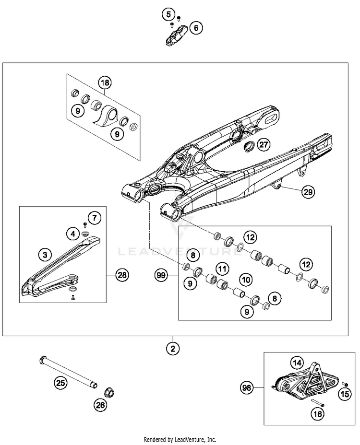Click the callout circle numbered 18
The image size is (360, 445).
tap(105, 83)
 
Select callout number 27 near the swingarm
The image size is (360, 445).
tap(263, 144)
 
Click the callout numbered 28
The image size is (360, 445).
tap(122, 275)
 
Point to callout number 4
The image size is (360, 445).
tap(72, 234)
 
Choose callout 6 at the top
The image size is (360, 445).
tap(195, 28)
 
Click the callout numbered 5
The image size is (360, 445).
tap(168, 14)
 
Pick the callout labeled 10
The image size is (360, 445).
tap(246, 278)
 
